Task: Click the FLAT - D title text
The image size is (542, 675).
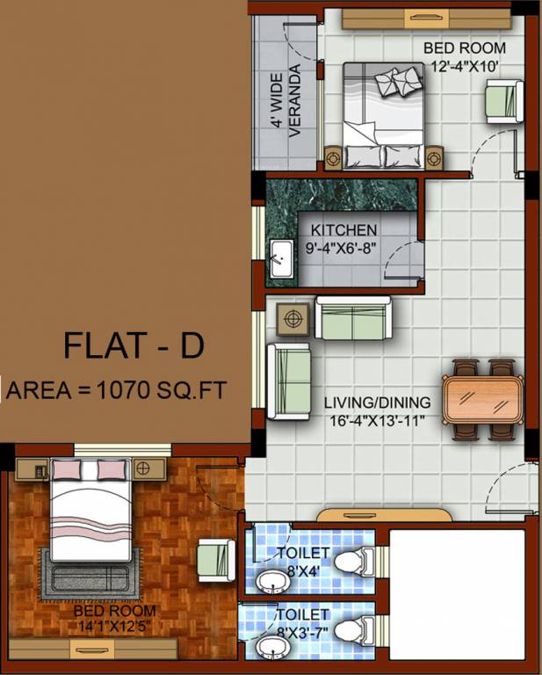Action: pos(134,345)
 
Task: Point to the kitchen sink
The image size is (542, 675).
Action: pos(282,258)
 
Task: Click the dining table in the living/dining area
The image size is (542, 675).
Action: pos(482,398)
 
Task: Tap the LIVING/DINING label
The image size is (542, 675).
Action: pos(377,403)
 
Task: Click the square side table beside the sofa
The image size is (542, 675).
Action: pos(293,317)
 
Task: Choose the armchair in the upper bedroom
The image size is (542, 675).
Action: pos(504,98)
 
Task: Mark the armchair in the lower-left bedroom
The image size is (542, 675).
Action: pos(213,558)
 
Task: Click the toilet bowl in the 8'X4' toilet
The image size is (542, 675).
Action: pos(355,560)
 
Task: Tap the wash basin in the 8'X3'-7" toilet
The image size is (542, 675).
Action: pos(271,649)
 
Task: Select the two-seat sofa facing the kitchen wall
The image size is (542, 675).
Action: pos(353,318)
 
